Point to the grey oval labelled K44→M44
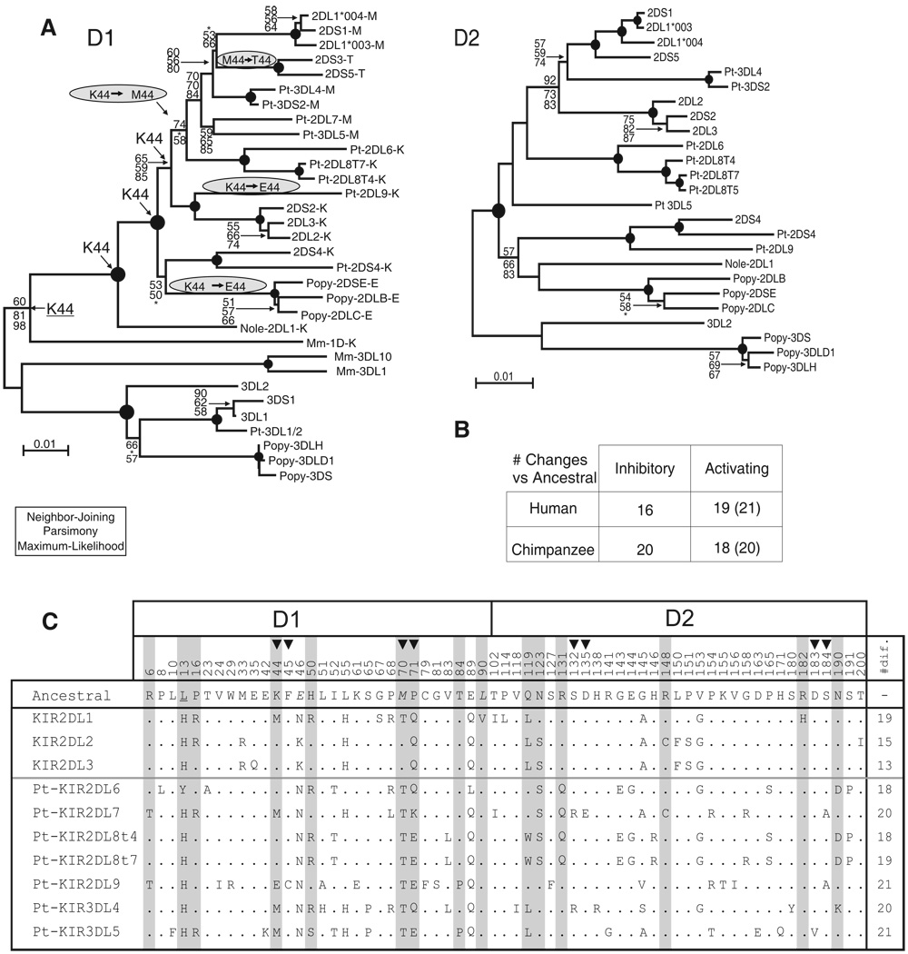[107, 94]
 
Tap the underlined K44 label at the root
[61, 310]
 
